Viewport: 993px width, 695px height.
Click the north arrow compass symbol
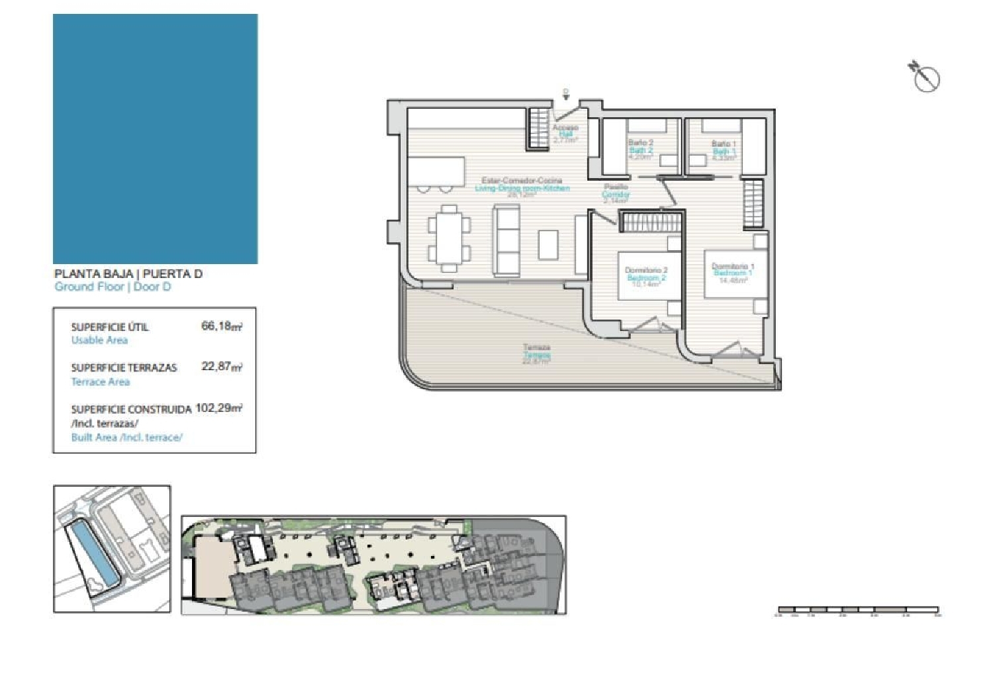pos(925,77)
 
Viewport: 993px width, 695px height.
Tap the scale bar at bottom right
pos(858,609)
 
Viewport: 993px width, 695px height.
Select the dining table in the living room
pos(449,238)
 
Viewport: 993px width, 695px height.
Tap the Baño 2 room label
pos(641,143)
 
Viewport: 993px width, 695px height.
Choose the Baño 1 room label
pos(724,144)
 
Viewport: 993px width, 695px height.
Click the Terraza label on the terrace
pos(536,347)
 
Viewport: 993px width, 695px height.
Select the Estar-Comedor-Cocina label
pos(522,181)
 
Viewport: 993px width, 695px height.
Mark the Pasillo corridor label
pos(616,187)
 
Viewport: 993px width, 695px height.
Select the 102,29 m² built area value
pos(219,408)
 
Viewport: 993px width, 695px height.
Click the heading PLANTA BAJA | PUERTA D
pos(128,274)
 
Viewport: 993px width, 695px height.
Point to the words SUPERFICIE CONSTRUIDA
pos(131,409)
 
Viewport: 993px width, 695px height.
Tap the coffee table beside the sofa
pos(548,244)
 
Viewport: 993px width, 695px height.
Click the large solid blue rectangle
pos(155,139)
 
